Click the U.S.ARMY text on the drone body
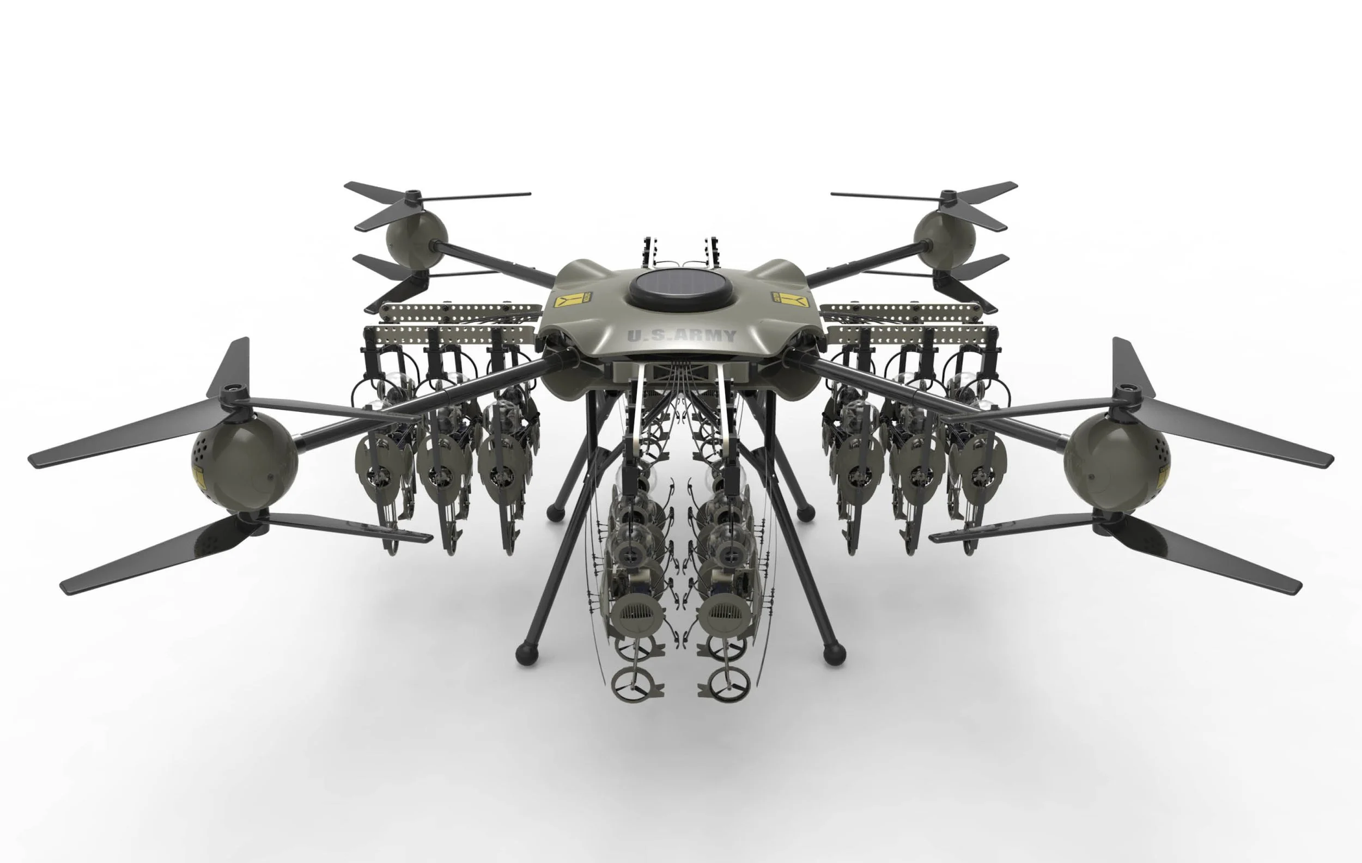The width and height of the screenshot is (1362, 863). coord(682,336)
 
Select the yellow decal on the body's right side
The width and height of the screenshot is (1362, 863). coord(788,297)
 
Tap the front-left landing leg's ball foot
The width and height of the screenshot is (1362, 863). coord(527,654)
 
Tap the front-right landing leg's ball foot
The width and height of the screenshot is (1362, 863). coord(834,654)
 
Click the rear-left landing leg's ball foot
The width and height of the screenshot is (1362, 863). coord(556,512)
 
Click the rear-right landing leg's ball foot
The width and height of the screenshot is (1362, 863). coord(805,513)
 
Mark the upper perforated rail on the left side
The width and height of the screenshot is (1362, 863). coord(461,311)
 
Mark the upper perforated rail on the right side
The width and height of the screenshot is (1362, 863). coord(901,311)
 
